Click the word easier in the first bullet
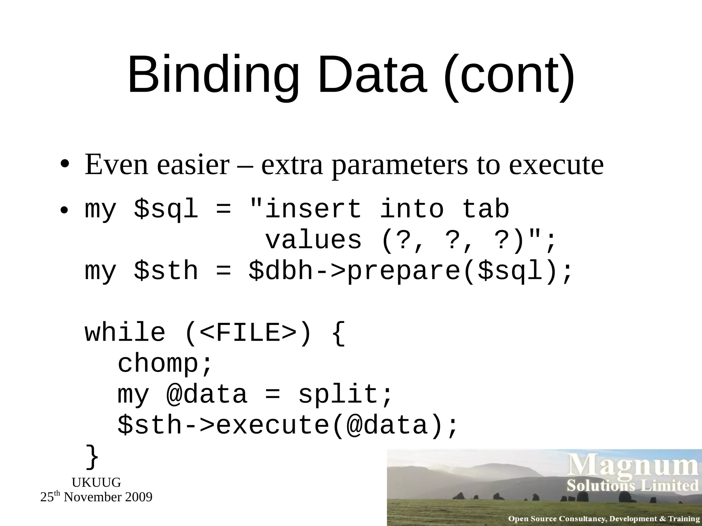point(193,165)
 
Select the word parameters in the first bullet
point(400,165)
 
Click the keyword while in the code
point(125,333)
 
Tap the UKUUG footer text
point(96,483)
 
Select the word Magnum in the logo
point(633,465)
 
